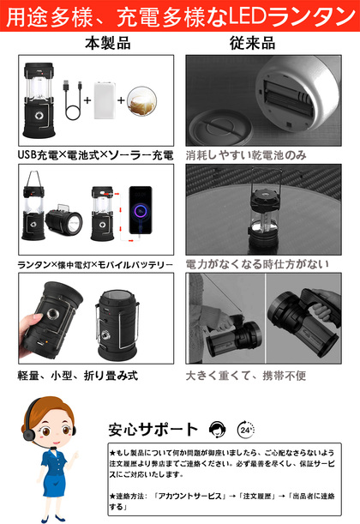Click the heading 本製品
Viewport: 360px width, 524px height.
pyautogui.click(x=108, y=44)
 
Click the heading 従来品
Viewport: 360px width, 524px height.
pyautogui.click(x=253, y=44)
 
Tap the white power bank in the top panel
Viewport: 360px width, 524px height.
pyautogui.click(x=105, y=100)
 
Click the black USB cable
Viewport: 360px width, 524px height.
pyautogui.click(x=73, y=99)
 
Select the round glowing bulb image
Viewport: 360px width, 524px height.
pyautogui.click(x=141, y=101)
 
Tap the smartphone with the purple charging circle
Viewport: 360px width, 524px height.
pyautogui.click(x=141, y=210)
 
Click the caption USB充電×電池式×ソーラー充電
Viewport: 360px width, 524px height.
pyautogui.click(x=95, y=154)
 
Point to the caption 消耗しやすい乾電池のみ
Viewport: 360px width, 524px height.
pyautogui.click(x=246, y=154)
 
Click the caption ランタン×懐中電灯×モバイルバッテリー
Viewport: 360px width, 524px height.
pyautogui.click(x=95, y=265)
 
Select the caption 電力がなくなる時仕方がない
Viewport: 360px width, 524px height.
pyautogui.click(x=257, y=264)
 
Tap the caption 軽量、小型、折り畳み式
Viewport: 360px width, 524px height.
pyautogui.click(x=77, y=376)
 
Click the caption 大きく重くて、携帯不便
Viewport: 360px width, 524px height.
pyautogui.click(x=246, y=376)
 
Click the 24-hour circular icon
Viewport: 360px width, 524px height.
pyautogui.click(x=246, y=430)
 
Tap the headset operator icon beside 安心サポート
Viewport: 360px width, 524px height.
pyautogui.click(x=217, y=430)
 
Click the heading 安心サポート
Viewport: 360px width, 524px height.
pyautogui.click(x=153, y=430)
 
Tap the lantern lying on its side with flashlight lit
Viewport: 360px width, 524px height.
pyautogui.click(x=63, y=221)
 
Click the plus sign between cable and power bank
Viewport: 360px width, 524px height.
pyautogui.click(x=87, y=100)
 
